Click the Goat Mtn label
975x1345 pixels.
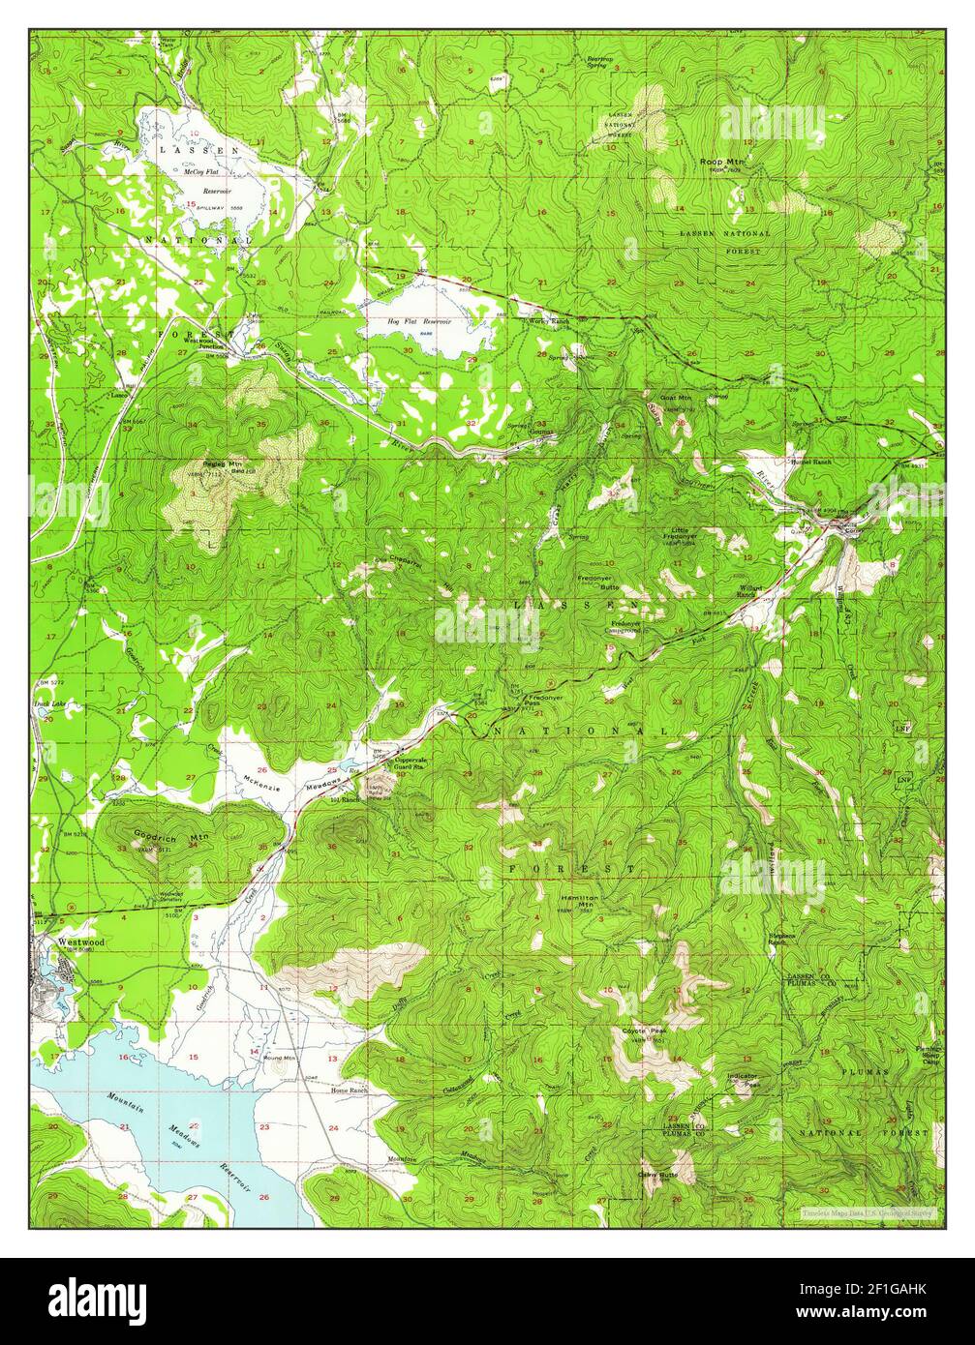[675, 397]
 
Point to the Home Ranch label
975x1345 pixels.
[350, 1090]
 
